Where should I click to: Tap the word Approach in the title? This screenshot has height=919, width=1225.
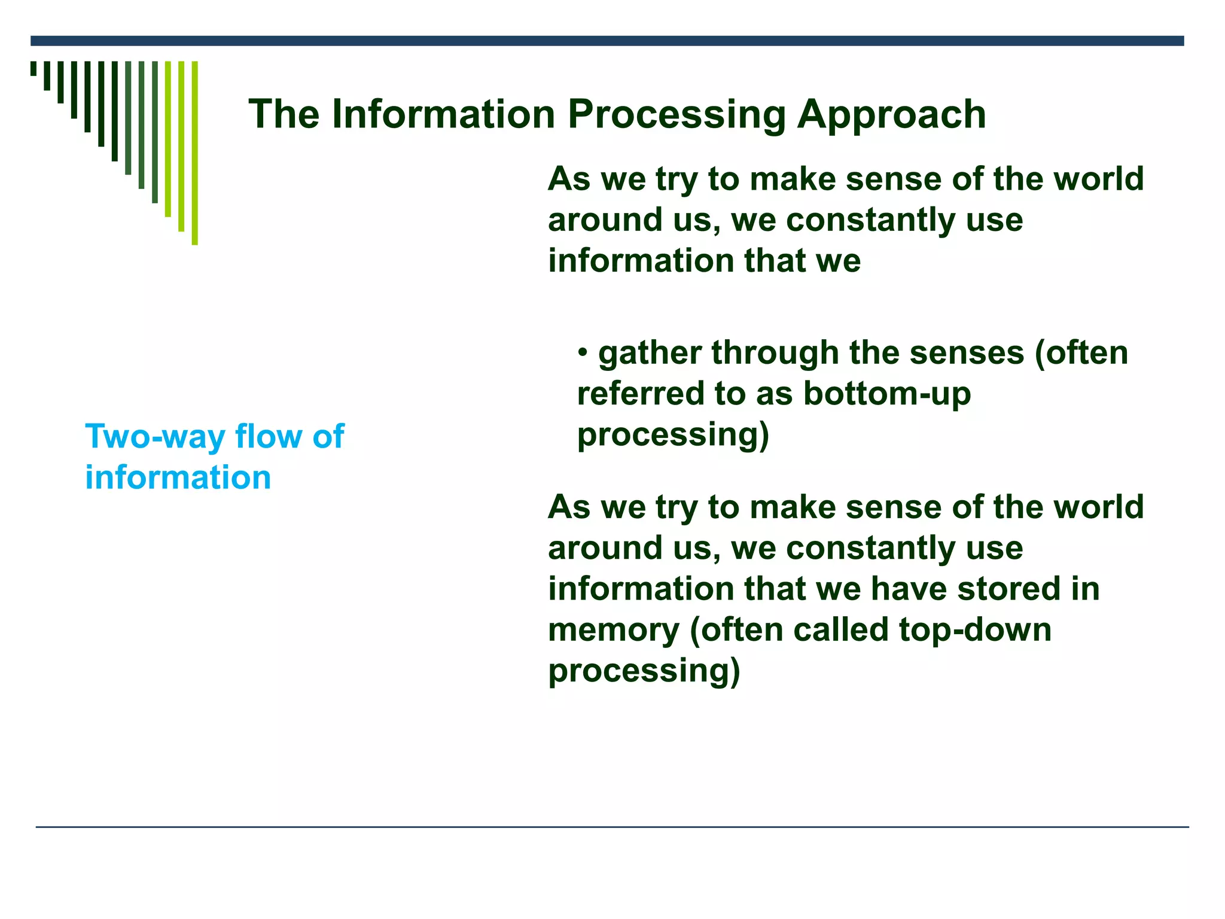point(892,115)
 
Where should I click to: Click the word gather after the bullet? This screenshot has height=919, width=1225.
point(650,354)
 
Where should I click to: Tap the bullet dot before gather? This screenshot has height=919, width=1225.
point(583,351)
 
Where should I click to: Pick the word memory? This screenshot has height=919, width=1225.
point(614,631)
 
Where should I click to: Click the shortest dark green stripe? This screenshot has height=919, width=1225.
point(33,68)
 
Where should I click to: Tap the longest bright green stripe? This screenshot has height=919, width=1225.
point(194,153)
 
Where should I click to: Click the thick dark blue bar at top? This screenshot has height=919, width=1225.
point(607,41)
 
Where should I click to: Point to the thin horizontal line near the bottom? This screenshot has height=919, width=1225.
point(612,827)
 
